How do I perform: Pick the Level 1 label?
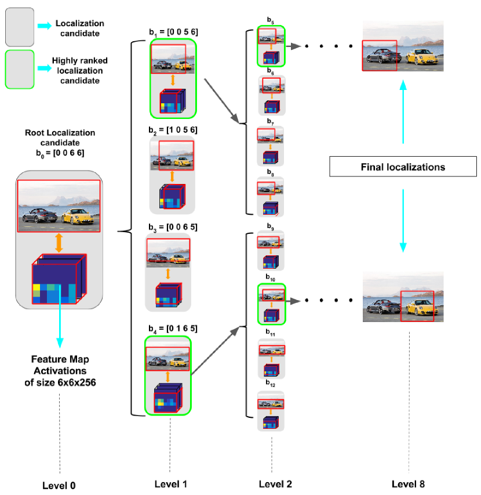click(170, 483)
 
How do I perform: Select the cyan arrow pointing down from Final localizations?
click(403, 221)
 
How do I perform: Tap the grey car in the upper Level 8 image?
click(381, 57)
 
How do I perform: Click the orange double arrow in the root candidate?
click(58, 241)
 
